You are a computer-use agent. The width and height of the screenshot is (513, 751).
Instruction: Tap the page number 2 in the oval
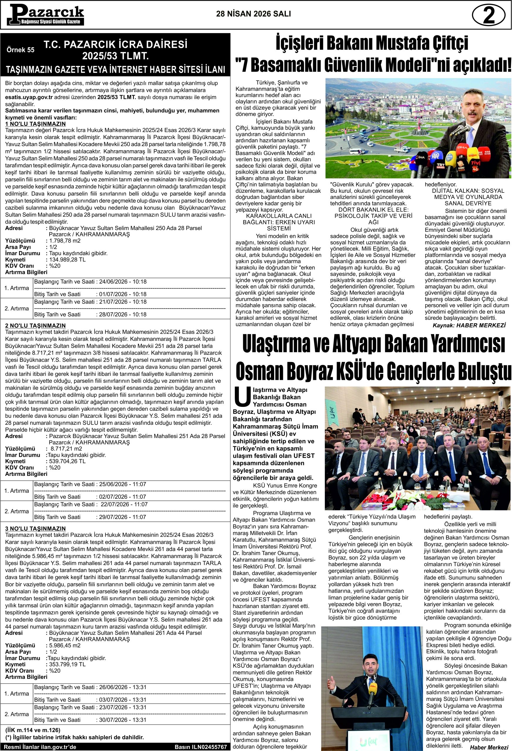[x=488, y=16]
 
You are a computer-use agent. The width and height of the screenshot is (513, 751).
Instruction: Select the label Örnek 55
[x=20, y=50]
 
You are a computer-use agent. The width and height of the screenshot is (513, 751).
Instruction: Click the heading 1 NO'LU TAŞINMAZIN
[x=36, y=124]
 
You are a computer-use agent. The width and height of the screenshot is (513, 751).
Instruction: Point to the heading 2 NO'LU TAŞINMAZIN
[x=36, y=325]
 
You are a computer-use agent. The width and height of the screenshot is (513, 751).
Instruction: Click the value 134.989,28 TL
[x=67, y=260]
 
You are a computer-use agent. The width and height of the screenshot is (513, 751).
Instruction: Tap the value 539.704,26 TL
[x=67, y=461]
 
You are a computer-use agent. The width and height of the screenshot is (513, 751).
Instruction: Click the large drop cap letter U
[x=242, y=397]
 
